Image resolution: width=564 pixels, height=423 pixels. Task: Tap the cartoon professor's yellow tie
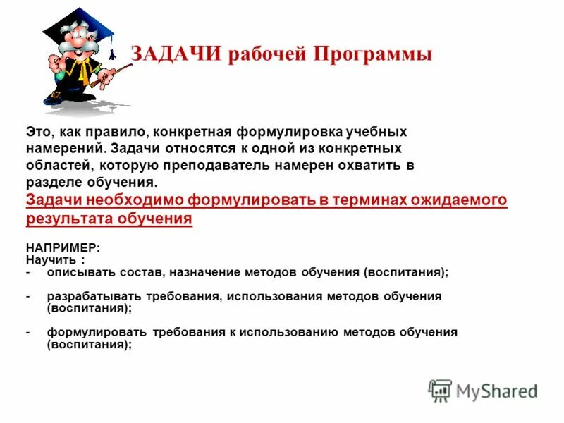(84, 70)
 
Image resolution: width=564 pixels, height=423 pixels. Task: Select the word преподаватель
(237, 166)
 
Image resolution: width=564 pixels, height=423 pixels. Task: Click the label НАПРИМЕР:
(63, 248)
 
